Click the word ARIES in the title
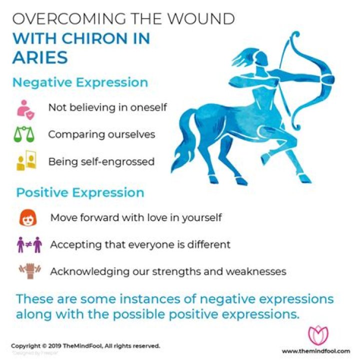click(x=40, y=57)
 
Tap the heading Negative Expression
click(x=80, y=82)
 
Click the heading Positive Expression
click(x=80, y=192)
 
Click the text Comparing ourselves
click(x=101, y=134)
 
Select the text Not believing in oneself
click(x=107, y=107)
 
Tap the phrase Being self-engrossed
click(x=101, y=161)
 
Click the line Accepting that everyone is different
click(x=140, y=245)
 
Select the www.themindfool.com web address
click(x=315, y=351)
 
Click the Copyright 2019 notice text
click(x=85, y=345)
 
